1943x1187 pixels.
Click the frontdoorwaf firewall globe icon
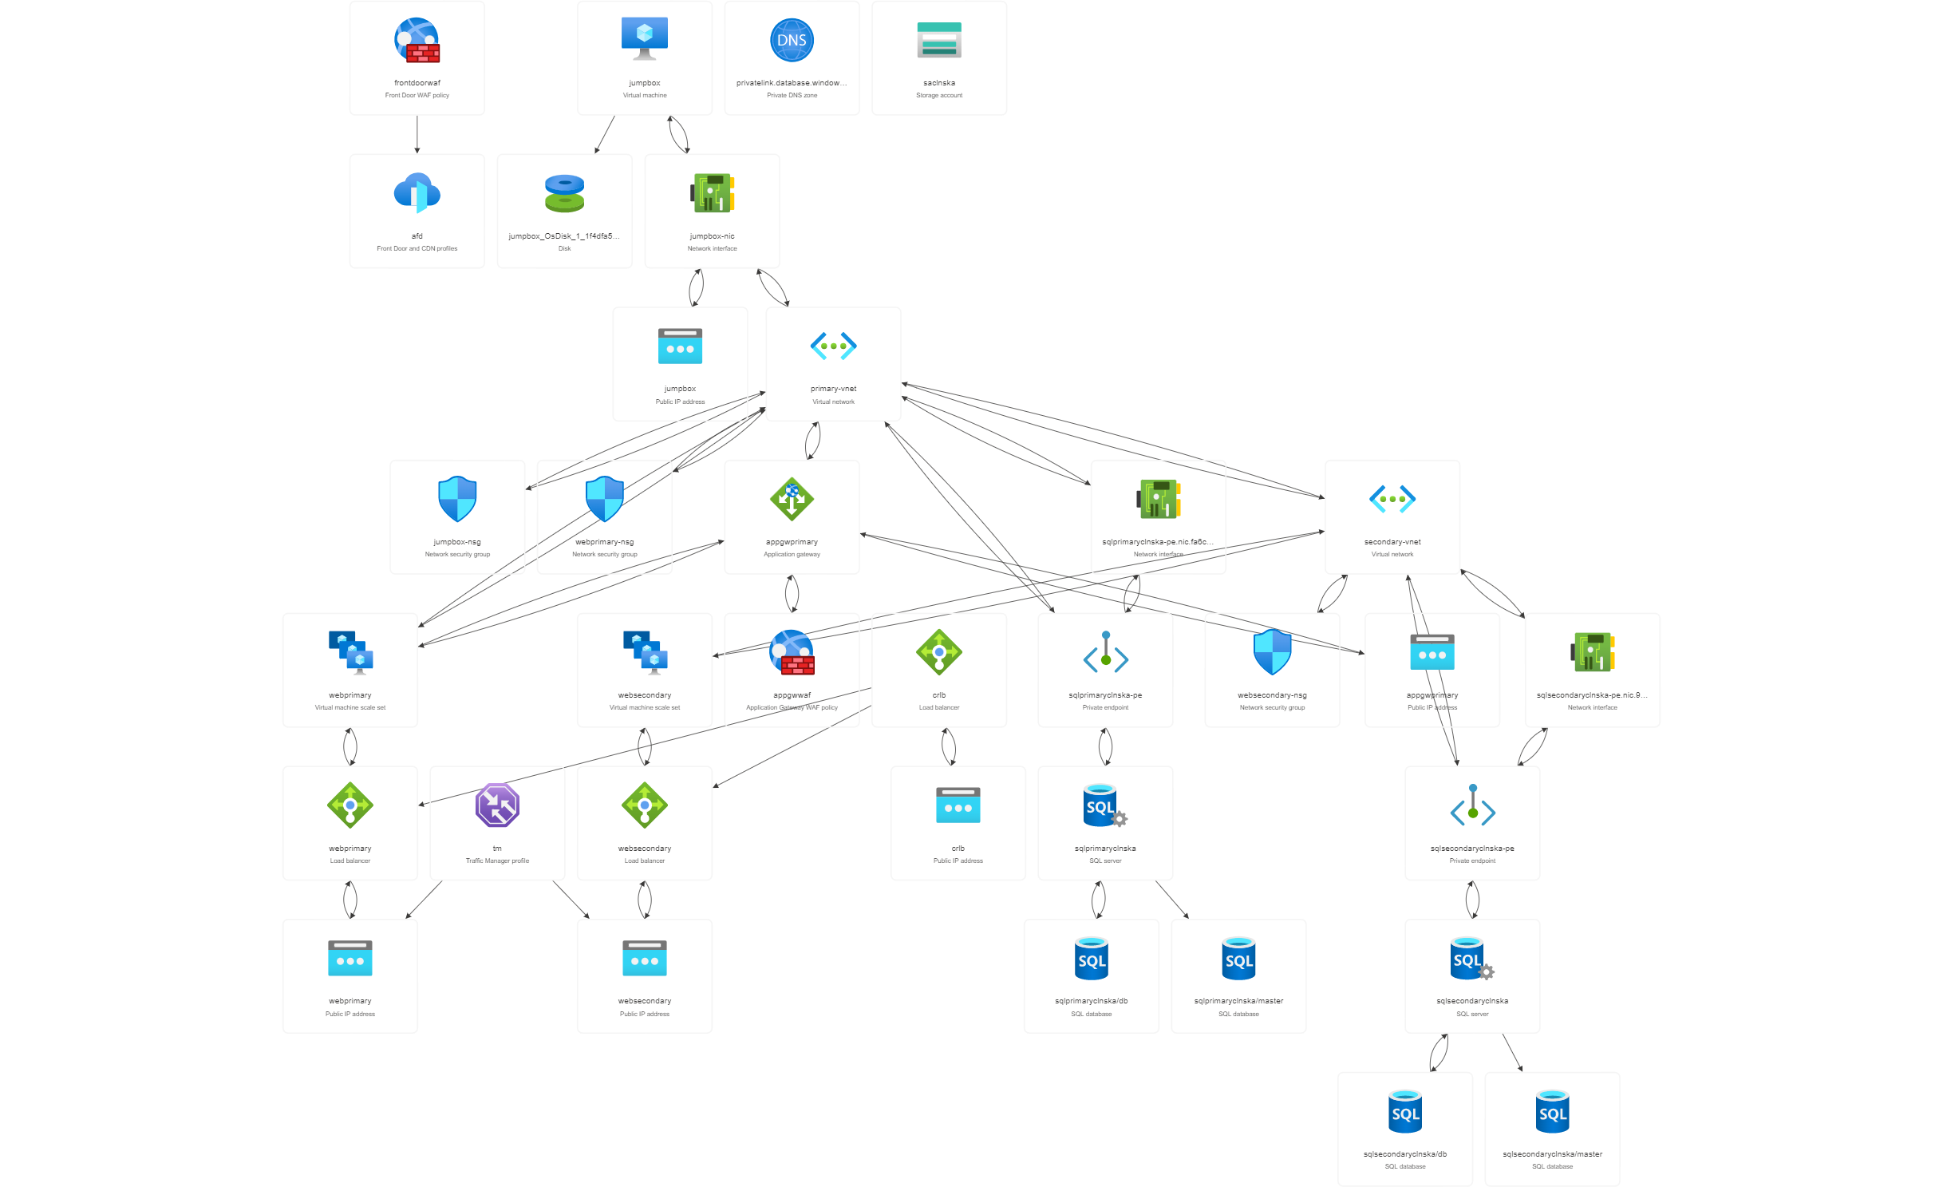pyautogui.click(x=417, y=41)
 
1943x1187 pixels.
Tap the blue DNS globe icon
pyautogui.click(x=792, y=41)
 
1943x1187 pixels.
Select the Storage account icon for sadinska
pyautogui.click(x=939, y=41)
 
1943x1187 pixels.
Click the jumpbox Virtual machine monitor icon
pyautogui.click(x=645, y=39)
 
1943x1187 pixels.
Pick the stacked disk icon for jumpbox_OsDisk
pyautogui.click(x=564, y=193)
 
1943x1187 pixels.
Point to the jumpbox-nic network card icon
pyautogui.click(x=712, y=193)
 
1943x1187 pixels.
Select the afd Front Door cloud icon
pyautogui.click(x=417, y=193)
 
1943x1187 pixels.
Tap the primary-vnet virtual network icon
pyautogui.click(x=833, y=346)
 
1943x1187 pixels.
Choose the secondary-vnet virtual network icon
pyautogui.click(x=1392, y=500)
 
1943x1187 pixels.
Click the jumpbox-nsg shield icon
pyautogui.click(x=457, y=499)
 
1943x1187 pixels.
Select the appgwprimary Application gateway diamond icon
pyautogui.click(x=792, y=499)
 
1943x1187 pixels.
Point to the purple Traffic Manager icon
pyautogui.click(x=497, y=805)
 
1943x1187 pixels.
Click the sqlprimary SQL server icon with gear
pyautogui.click(x=1105, y=805)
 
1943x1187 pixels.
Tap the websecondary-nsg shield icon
pyautogui.click(x=1272, y=652)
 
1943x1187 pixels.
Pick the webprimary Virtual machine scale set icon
pyautogui.click(x=350, y=653)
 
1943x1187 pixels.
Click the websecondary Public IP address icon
pyautogui.click(x=645, y=959)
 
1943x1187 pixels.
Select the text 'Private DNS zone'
pyautogui.click(x=792, y=96)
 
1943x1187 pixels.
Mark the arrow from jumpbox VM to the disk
pyautogui.click(x=604, y=135)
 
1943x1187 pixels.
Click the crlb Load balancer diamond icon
pyautogui.click(x=939, y=652)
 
